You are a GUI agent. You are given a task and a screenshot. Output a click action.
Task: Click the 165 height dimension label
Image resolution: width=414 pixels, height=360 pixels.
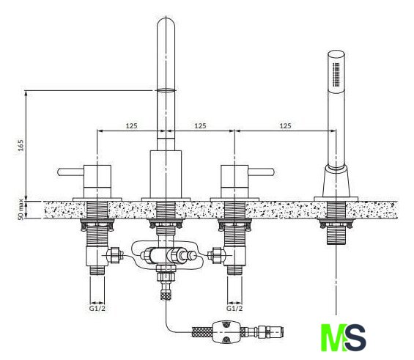[21, 145]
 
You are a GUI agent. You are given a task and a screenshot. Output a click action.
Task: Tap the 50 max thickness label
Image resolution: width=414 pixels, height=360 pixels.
[21, 210]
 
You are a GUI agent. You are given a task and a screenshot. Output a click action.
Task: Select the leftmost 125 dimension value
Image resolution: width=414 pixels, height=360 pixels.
[131, 125]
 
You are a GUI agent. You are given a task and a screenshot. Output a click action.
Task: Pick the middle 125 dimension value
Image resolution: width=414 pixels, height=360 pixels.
[200, 125]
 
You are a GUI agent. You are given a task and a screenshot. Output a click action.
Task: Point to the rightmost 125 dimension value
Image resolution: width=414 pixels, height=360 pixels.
[286, 125]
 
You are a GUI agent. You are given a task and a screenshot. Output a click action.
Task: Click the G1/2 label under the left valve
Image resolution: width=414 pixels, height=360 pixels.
[97, 308]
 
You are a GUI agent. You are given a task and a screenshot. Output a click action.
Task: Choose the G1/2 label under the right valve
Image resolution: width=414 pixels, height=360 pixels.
[234, 308]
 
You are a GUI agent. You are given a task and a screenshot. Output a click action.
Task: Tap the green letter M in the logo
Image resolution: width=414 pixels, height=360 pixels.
[333, 337]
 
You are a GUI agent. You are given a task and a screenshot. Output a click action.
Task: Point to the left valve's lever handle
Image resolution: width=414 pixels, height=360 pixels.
[70, 172]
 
